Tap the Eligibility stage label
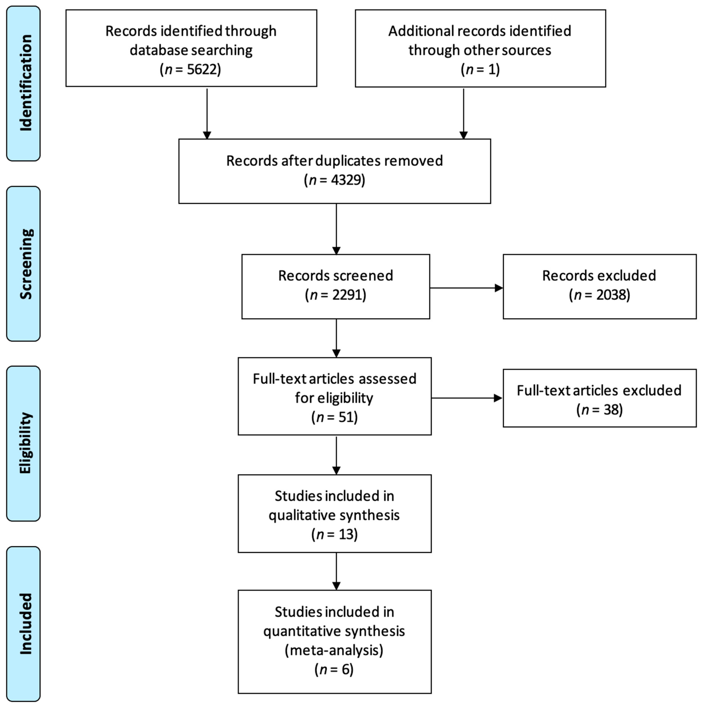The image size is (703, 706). [x=25, y=443]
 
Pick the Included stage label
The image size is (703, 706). [x=25, y=623]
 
